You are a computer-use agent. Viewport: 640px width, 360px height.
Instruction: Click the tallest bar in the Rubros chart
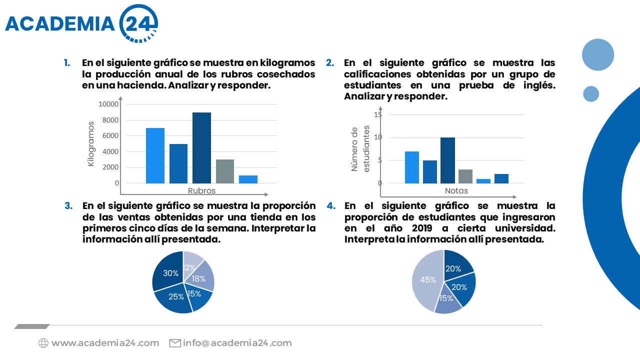point(201,148)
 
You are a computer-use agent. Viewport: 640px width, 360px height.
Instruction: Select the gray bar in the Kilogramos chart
point(225,171)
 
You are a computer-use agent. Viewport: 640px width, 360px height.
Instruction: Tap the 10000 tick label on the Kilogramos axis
point(109,104)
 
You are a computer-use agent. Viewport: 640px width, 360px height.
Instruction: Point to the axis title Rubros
point(202,190)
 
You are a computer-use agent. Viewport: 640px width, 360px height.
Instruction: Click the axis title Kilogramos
point(91,143)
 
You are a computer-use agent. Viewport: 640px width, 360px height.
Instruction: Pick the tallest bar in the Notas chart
point(447,160)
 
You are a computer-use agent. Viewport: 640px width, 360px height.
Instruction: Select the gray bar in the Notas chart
point(465,176)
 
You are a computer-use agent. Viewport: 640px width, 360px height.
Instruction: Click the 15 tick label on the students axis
point(378,114)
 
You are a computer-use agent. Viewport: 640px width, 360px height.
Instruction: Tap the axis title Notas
point(456,190)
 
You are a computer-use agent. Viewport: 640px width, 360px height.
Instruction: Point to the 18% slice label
point(199,279)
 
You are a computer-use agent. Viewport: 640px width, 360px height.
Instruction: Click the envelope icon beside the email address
point(175,343)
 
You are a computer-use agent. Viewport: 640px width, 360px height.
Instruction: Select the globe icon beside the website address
point(43,343)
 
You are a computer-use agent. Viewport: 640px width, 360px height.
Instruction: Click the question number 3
point(69,205)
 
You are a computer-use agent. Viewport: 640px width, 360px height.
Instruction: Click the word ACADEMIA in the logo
point(60,23)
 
